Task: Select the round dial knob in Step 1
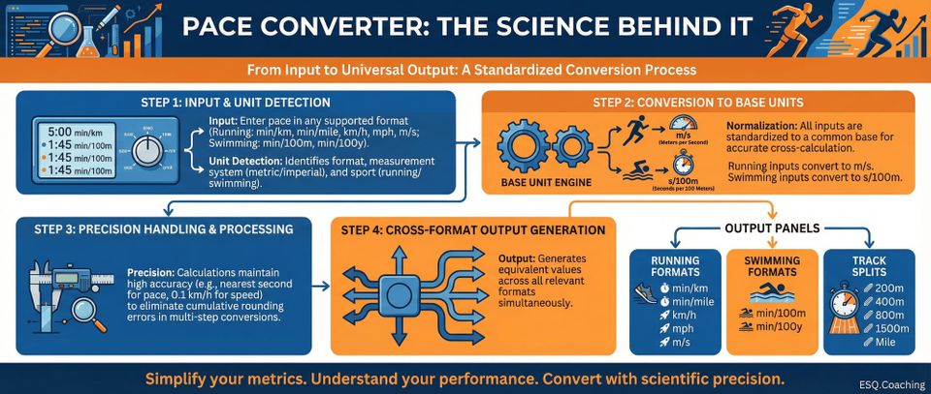(x=147, y=151)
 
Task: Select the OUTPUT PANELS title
(x=771, y=228)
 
